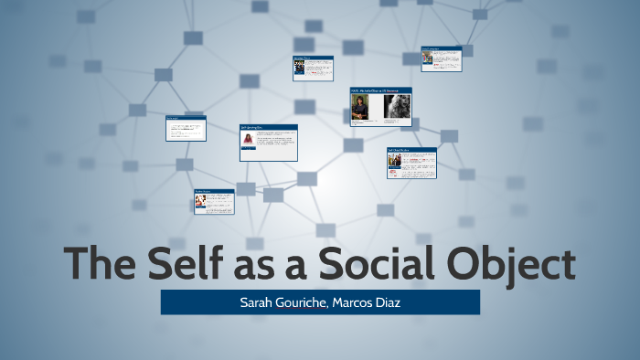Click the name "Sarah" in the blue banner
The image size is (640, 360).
coord(253,302)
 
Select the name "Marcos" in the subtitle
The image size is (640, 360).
coord(359,302)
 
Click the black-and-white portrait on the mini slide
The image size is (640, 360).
coord(397,108)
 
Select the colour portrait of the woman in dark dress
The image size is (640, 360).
coord(362,108)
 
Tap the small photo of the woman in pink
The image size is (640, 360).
coord(248,140)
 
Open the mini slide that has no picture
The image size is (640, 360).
coord(186,128)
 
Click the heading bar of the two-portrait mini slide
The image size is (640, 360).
coord(380,90)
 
